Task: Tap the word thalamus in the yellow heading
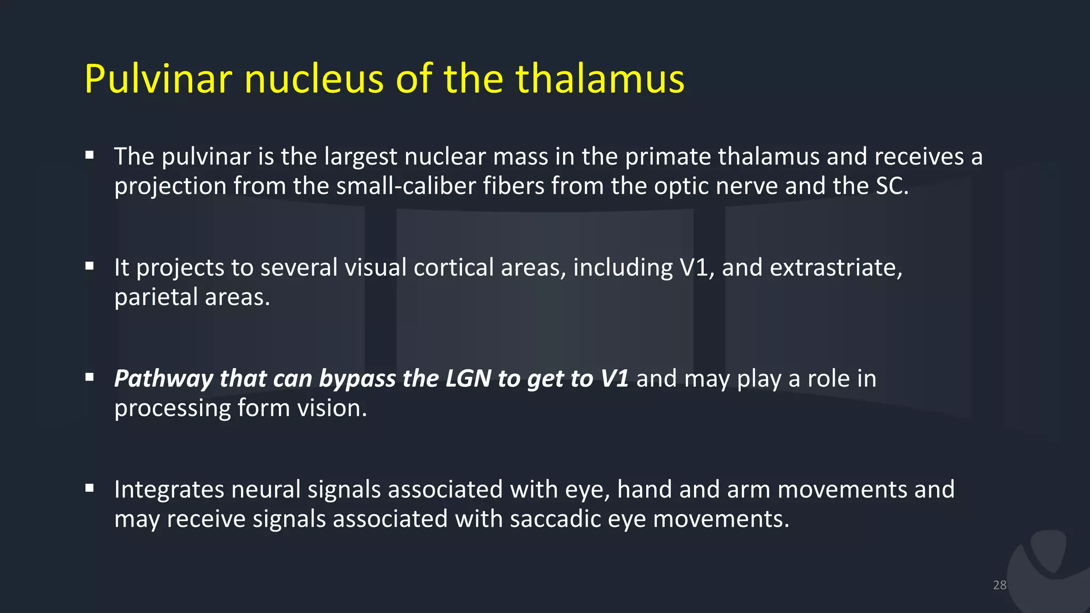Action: click(x=600, y=79)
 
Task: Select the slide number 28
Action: click(x=1000, y=585)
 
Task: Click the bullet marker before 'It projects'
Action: click(x=89, y=266)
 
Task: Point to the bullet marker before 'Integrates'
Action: click(x=89, y=488)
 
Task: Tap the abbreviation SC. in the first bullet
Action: click(x=892, y=186)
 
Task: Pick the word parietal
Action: click(x=156, y=297)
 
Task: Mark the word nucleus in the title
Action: click(x=314, y=79)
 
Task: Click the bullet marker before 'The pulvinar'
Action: click(x=89, y=155)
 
